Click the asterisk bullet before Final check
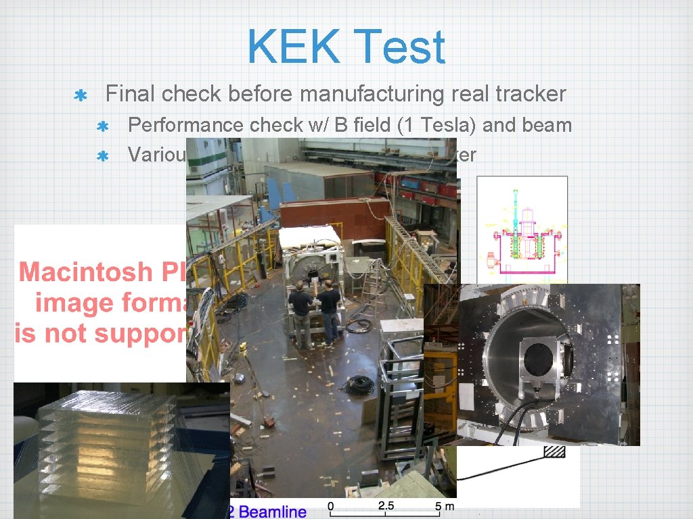[79, 95]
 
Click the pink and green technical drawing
[522, 230]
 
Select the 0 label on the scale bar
[331, 505]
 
